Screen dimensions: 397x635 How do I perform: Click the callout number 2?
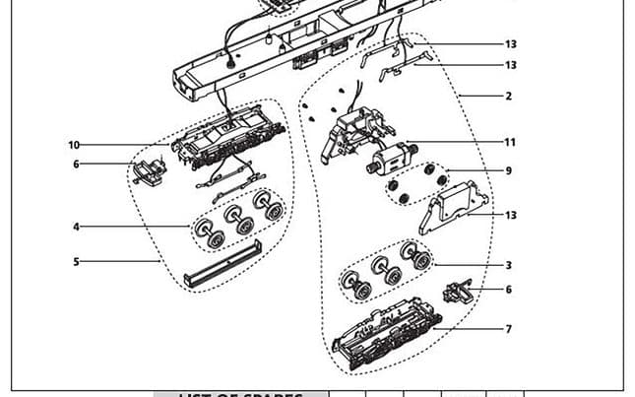tap(509, 96)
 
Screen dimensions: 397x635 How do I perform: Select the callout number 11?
tap(509, 142)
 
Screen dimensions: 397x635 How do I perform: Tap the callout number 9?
tap(509, 170)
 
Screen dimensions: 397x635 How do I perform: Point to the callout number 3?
tap(509, 265)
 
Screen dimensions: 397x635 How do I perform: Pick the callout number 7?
tap(509, 328)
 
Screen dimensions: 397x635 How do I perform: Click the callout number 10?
tap(74, 145)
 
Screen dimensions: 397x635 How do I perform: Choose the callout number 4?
tap(75, 227)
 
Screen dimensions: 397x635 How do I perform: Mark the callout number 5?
tap(75, 261)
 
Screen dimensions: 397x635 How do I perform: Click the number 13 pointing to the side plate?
tap(509, 215)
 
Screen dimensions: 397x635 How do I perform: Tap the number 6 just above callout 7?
tap(509, 290)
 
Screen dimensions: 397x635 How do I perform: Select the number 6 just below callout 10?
tap(75, 165)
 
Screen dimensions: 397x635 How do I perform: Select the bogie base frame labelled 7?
tap(386, 335)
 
